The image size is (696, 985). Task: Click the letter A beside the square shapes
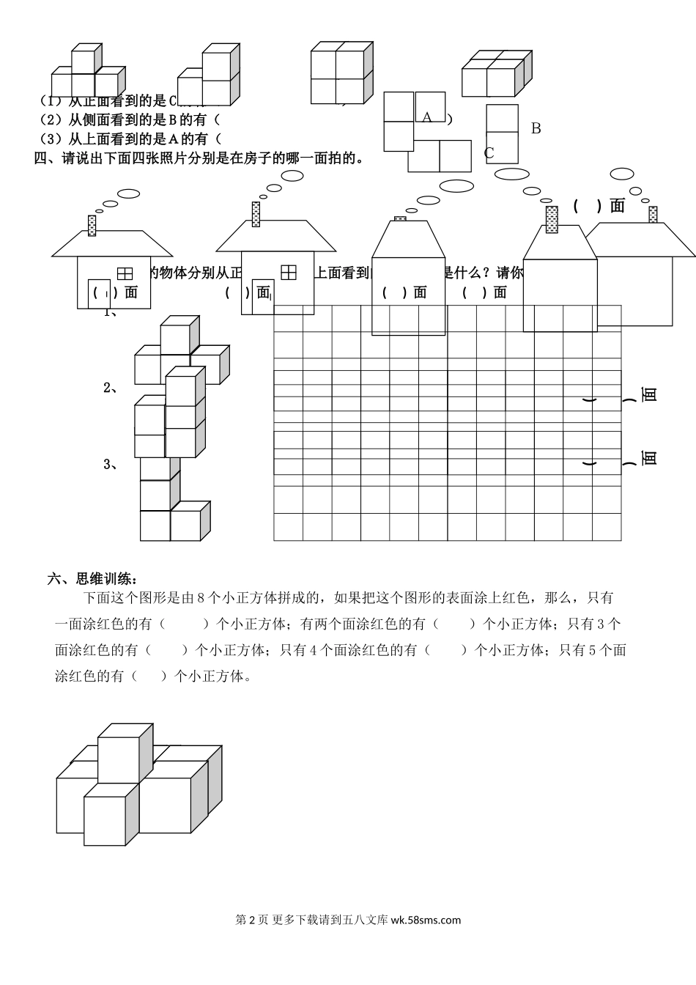[x=427, y=117]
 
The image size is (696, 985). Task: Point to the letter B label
[x=536, y=128]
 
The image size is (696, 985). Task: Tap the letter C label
[x=489, y=152]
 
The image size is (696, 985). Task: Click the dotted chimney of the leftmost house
[x=92, y=225]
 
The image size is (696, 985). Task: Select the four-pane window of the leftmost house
[x=125, y=273]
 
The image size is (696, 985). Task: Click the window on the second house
[x=289, y=273]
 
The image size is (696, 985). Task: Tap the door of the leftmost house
[x=99, y=293]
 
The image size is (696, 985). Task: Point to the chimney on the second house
[x=255, y=213]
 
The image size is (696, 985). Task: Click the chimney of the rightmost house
[x=652, y=214]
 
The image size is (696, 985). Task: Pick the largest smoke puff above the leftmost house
[x=129, y=193]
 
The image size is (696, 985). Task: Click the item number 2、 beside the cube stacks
[x=111, y=388]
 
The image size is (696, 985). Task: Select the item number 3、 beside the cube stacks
[x=111, y=464]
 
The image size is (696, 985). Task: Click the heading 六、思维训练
[x=92, y=579]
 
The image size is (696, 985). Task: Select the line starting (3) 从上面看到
[x=128, y=139]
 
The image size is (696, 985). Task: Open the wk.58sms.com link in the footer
[x=426, y=920]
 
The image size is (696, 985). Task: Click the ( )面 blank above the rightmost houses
[x=599, y=206]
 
